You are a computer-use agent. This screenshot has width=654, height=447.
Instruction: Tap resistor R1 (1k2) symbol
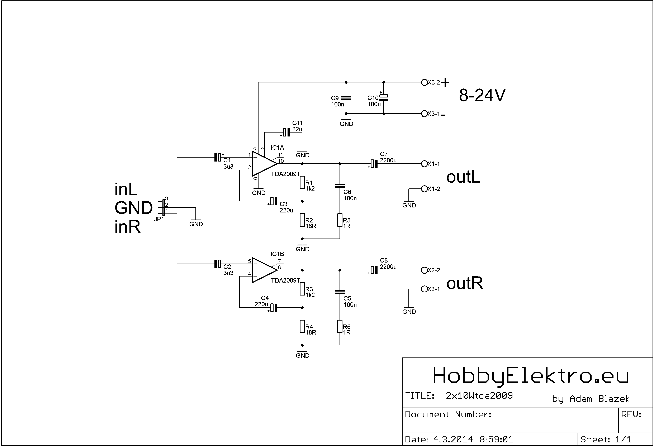[x=302, y=182]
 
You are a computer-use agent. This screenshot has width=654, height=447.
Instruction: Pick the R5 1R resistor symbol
[x=340, y=220]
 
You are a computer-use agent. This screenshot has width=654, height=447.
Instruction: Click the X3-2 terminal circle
[x=424, y=82]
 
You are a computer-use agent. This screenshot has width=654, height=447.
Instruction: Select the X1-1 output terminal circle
[x=424, y=164]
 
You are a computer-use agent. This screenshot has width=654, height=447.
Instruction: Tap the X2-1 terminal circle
[x=424, y=289]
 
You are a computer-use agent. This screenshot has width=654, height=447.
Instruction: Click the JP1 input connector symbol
[x=163, y=208]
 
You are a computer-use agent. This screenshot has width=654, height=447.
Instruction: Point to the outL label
[x=463, y=177]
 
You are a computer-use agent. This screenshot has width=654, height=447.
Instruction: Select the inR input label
[x=127, y=227]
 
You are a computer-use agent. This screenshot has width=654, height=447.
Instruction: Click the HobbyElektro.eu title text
[x=530, y=376]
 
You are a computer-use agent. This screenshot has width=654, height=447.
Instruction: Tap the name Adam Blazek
[x=599, y=399]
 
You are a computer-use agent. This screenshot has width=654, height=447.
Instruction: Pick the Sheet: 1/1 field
[x=606, y=439]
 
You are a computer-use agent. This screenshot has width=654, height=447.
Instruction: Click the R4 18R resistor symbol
[x=302, y=326]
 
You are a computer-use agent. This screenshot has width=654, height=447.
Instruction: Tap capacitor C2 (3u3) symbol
[x=218, y=264]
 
